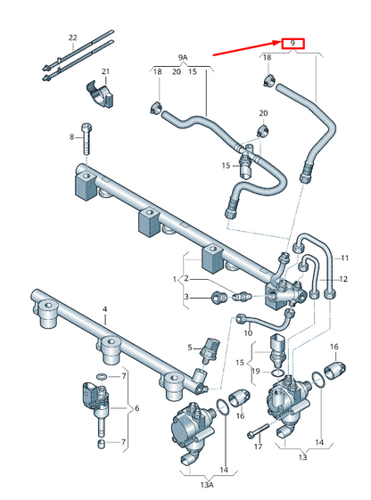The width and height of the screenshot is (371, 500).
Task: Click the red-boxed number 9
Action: (x=292, y=44)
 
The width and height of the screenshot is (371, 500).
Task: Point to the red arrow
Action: (x=244, y=49)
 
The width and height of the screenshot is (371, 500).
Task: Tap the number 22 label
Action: (x=73, y=37)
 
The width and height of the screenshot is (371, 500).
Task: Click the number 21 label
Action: (x=104, y=71)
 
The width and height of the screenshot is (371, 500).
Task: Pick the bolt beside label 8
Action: (x=86, y=135)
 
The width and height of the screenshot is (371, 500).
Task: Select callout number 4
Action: (x=104, y=309)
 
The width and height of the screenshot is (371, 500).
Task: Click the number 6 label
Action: (x=136, y=408)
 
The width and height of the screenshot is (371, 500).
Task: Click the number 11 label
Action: (x=342, y=258)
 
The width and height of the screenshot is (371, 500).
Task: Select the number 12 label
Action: (x=342, y=278)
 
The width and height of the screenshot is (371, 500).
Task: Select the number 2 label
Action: (x=185, y=279)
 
